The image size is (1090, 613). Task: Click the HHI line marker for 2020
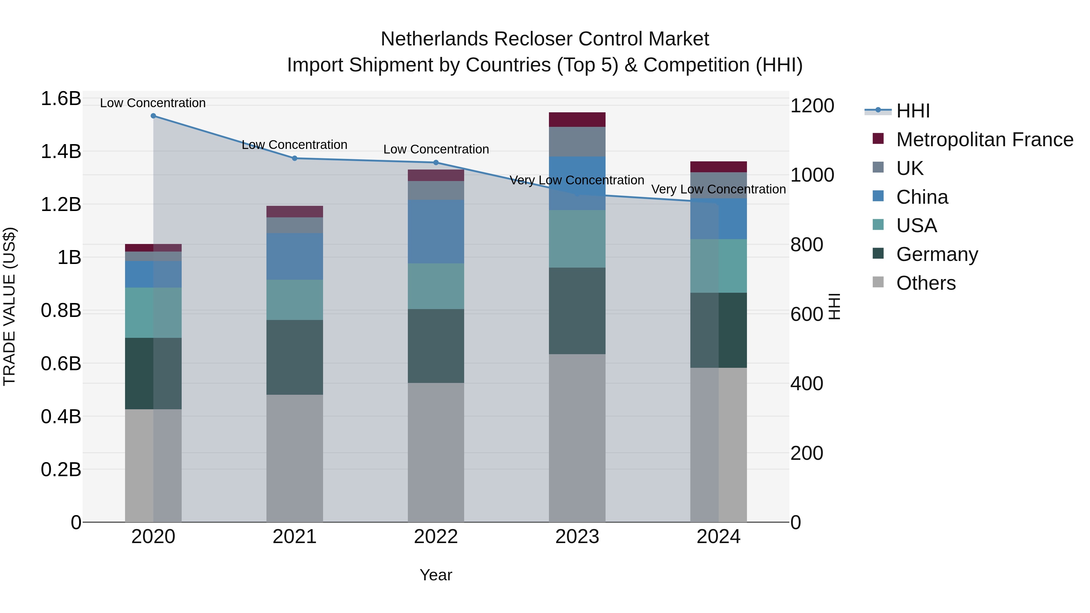tap(153, 116)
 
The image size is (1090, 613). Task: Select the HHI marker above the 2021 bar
tap(295, 158)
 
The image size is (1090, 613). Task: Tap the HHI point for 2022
tap(436, 163)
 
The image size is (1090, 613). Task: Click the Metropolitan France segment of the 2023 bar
tap(577, 120)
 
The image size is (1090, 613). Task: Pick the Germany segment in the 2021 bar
tap(295, 358)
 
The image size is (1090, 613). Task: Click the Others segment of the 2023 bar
tap(577, 438)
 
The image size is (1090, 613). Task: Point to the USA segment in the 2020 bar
tap(153, 313)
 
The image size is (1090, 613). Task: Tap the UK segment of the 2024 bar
tap(718, 185)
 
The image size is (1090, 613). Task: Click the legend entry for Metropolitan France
tap(984, 140)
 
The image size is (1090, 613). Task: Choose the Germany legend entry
tap(937, 254)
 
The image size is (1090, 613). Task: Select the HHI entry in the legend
tap(913, 111)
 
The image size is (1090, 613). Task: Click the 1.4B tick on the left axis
tap(61, 151)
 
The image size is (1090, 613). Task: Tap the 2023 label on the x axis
tap(577, 537)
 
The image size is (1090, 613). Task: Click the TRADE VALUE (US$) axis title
tap(9, 306)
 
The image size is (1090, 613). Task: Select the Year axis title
tap(436, 575)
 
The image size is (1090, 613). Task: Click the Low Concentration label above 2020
tap(153, 103)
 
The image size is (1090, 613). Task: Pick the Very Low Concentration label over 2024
tap(718, 189)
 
